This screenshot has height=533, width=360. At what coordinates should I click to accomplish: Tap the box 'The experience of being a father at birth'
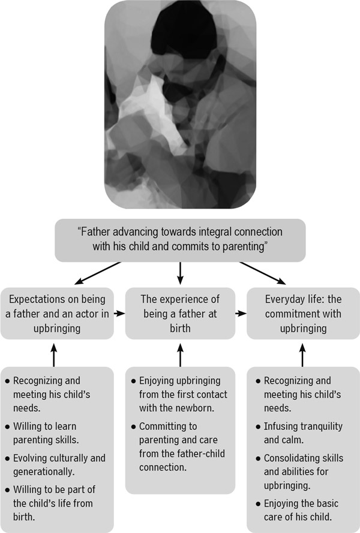pos(179,313)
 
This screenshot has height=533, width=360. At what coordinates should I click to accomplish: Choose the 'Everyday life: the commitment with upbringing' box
pos(302,313)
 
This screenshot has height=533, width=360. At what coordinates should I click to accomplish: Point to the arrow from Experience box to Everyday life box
pos(241,313)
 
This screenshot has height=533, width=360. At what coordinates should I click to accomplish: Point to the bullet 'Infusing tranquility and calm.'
pos(303,433)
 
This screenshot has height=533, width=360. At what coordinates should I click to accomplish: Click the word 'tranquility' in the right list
pos(321,427)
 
